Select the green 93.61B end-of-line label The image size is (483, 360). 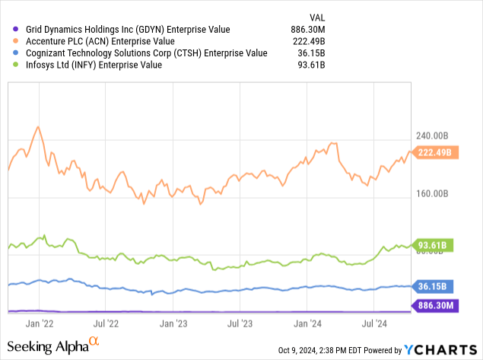(436, 244)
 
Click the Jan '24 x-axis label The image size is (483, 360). (309, 323)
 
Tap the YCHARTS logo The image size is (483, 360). (442, 349)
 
